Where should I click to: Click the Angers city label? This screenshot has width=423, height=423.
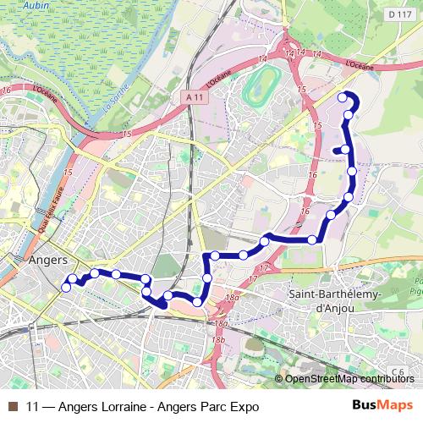pos(47,261)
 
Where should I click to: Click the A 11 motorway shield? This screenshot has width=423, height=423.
pos(194,98)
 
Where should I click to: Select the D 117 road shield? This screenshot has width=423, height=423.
pos(398,14)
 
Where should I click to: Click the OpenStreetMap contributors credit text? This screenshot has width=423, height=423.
pos(349,380)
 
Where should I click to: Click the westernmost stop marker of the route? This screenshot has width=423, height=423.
pos(66,288)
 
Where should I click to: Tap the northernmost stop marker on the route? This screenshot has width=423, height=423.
pos(343,97)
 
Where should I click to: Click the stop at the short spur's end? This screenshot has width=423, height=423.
pos(337,151)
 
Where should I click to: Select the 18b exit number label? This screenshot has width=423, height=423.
pos(218,339)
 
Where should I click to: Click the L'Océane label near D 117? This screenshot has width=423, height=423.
pos(360,64)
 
